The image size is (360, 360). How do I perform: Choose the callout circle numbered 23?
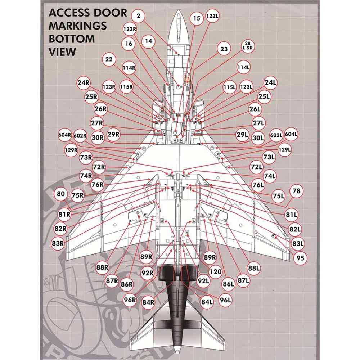coord(224,49)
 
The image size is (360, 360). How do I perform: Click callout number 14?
coord(149,41)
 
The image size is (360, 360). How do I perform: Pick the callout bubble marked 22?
coord(109,59)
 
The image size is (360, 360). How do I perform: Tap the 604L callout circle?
coord(292,134)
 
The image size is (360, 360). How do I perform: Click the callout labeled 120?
coord(215,272)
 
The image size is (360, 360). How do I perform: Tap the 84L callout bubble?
coord(207,302)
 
